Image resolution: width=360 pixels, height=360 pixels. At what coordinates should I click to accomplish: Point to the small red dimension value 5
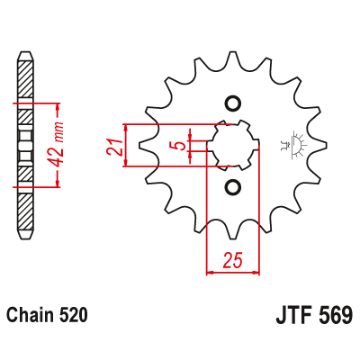coord(180,145)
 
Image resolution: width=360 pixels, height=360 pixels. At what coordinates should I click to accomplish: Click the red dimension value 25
coord(233,262)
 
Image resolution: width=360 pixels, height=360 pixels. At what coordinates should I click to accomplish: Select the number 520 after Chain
coord(75,316)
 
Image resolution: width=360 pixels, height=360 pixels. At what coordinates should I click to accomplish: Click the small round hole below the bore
coord(233,187)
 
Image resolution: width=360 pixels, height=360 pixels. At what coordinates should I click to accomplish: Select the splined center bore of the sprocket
coord(233,144)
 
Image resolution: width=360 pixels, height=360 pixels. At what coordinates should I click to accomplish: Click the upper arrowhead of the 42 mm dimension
coord(58,103)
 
